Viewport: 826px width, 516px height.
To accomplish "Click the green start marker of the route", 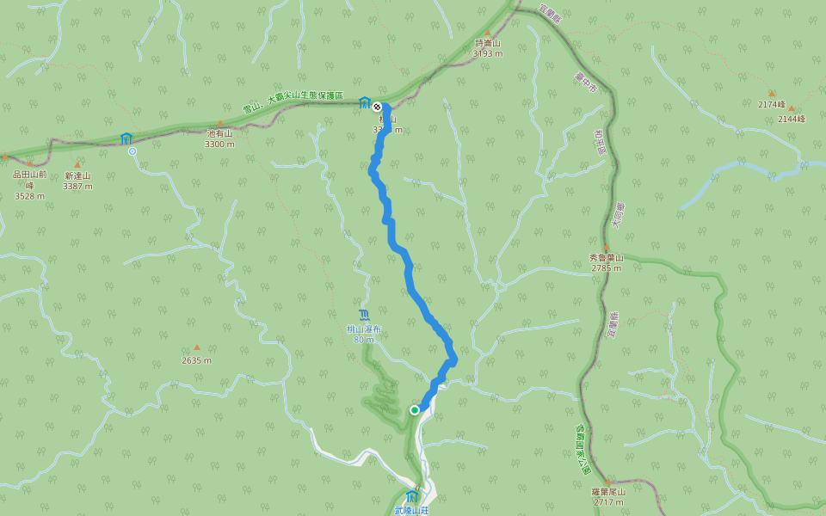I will (x=415, y=410).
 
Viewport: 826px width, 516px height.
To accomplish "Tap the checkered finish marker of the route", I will (x=377, y=107).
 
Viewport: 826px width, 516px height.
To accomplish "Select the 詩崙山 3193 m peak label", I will (x=487, y=48).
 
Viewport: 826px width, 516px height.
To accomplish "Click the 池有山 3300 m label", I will (x=219, y=138).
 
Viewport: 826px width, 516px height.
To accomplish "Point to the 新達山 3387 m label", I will (x=77, y=181).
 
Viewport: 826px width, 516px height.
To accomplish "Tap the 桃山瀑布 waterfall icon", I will (x=363, y=315).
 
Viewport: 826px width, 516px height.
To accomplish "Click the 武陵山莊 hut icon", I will (x=411, y=496).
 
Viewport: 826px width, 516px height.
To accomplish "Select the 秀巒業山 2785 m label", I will (x=606, y=262).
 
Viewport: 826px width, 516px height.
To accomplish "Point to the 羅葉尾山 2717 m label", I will (x=607, y=496).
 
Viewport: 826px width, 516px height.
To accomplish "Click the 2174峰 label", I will (x=772, y=104).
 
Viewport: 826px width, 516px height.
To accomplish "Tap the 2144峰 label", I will (x=791, y=119).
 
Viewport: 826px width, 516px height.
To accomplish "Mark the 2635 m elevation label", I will (x=196, y=360).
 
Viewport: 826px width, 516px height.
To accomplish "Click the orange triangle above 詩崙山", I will (x=487, y=34).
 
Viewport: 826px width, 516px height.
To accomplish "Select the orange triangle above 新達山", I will (x=77, y=164).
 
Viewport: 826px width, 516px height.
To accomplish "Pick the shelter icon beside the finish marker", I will (x=364, y=102).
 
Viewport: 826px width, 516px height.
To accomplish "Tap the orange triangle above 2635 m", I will (x=196, y=348).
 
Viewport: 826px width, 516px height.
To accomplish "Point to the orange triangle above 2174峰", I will (x=771, y=93).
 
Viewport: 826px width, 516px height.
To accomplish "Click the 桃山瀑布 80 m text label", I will (x=364, y=335).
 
